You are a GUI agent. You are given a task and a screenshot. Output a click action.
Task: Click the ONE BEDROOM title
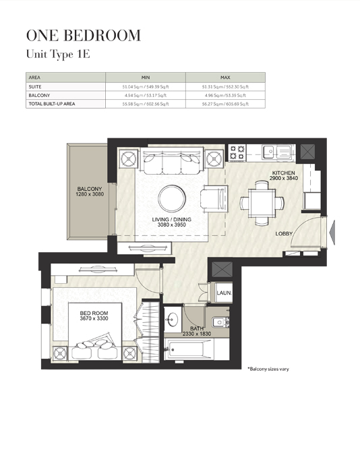[83, 36]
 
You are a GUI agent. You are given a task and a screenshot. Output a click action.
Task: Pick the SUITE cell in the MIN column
[145, 87]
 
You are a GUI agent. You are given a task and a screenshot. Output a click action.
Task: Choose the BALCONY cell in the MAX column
[225, 96]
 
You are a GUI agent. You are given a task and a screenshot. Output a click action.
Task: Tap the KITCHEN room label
[284, 173]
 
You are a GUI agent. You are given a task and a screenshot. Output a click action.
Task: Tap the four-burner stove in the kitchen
[237, 152]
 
